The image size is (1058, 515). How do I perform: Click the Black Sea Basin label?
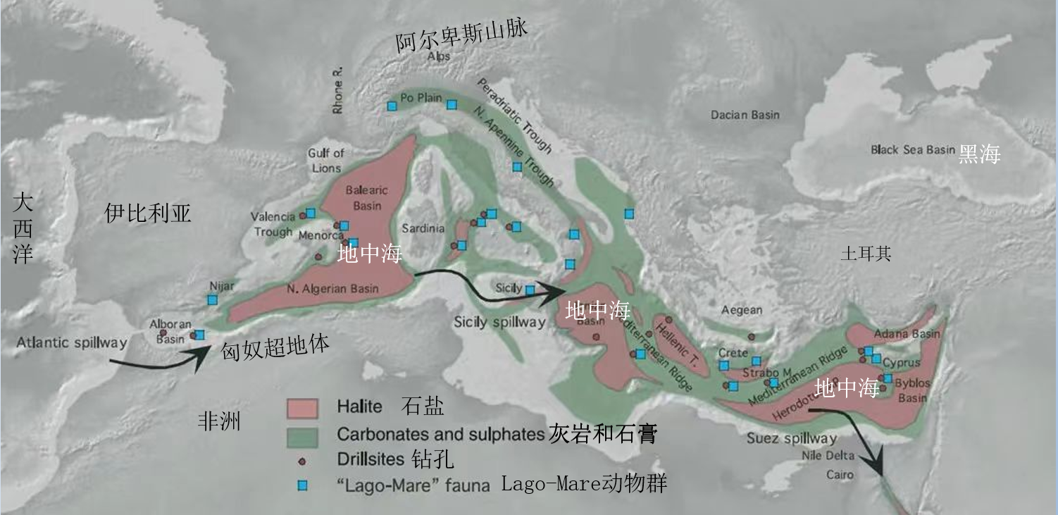(x=913, y=149)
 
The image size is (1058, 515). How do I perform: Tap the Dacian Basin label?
(x=745, y=114)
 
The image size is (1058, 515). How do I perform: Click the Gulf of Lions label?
(x=325, y=161)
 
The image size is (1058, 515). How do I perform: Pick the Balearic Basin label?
(x=363, y=198)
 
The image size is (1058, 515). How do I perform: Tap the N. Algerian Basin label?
(x=332, y=288)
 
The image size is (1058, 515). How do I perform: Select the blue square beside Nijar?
(x=212, y=300)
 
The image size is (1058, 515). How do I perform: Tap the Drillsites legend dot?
(x=302, y=461)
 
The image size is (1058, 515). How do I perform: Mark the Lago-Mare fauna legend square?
(x=303, y=485)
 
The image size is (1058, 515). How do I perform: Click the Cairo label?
(x=840, y=475)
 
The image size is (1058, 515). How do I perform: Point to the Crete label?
(x=733, y=352)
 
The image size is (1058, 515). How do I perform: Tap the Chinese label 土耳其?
(x=866, y=254)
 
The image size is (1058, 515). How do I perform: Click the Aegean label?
(x=742, y=311)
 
